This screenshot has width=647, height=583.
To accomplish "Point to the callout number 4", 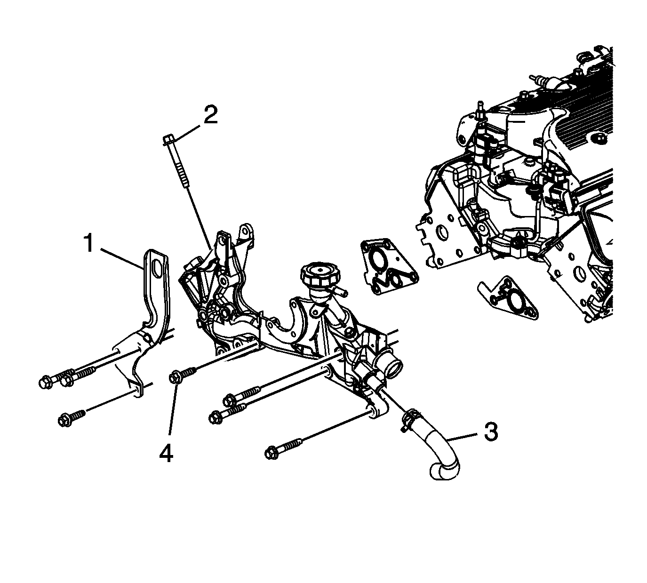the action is (166, 454).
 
